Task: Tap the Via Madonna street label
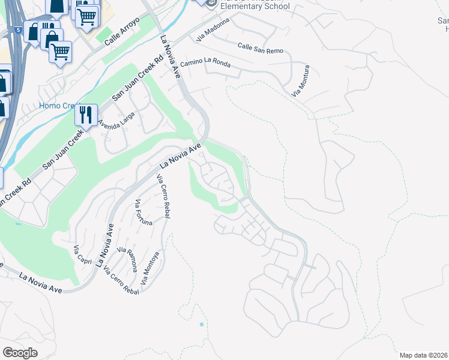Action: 213,30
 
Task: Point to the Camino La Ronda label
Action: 205,62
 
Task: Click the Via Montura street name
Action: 300,81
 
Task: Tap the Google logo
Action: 20,353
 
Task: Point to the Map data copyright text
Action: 424,355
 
